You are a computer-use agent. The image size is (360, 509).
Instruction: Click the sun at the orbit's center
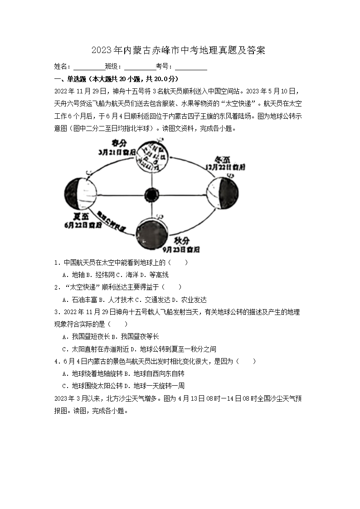coord(151,195)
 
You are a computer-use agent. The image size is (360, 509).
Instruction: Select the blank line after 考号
coord(191,67)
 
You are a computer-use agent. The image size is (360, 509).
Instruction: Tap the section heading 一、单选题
coord(71,78)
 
